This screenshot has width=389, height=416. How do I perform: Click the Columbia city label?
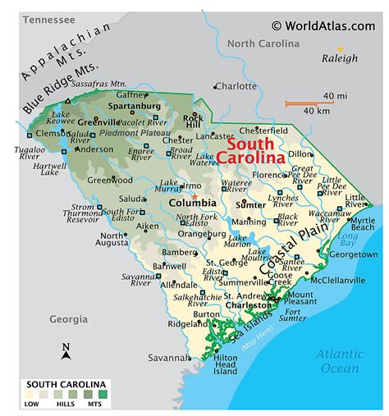(192, 203)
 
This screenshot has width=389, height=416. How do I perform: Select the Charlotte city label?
(238, 85)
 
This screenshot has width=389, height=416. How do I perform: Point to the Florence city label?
(271, 175)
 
